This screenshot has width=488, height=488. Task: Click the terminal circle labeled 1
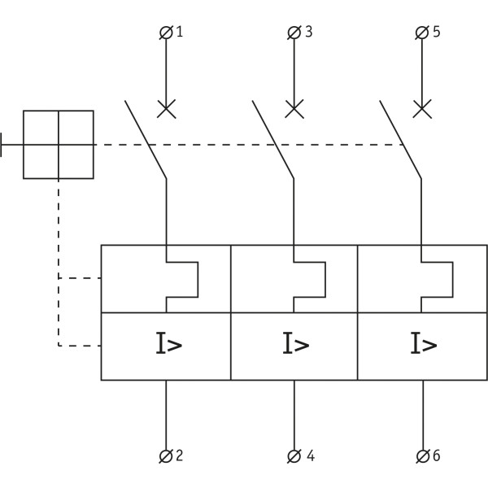(166, 33)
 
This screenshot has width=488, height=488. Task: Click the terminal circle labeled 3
(294, 33)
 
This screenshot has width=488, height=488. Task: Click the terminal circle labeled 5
(421, 33)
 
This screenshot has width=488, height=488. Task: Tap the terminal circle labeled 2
(166, 456)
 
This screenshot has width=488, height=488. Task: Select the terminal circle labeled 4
(294, 456)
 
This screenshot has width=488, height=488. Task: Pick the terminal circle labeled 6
(421, 456)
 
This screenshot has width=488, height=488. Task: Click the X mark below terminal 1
(166, 108)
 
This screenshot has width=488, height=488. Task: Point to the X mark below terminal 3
(294, 108)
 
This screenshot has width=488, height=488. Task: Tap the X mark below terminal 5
(421, 108)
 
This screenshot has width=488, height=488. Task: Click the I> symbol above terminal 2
(168, 345)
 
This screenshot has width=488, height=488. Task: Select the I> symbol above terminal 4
(296, 345)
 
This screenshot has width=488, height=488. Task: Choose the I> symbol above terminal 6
(424, 345)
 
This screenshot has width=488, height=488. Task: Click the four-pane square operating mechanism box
(58, 144)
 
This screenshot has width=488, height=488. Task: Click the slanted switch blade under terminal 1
(146, 140)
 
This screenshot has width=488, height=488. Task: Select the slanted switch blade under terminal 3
(273, 140)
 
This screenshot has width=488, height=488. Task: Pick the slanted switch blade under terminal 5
(401, 140)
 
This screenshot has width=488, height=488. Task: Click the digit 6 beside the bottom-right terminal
(437, 456)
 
